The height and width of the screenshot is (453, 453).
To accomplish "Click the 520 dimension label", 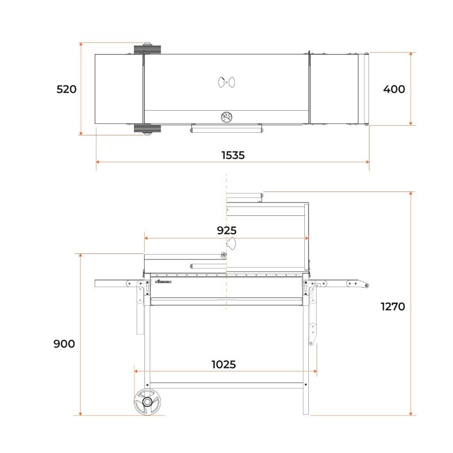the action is click(x=66, y=89).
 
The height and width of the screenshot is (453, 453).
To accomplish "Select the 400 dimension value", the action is click(x=394, y=89).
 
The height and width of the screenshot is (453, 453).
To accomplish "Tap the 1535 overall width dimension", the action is click(x=233, y=155).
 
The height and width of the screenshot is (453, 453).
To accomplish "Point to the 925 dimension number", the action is click(x=227, y=230).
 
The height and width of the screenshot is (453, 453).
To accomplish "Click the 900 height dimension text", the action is click(x=64, y=344).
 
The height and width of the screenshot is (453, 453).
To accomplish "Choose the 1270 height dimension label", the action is click(x=393, y=307).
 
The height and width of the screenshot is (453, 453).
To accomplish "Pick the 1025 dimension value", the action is click(x=223, y=365).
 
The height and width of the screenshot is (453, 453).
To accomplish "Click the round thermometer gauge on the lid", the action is click(x=226, y=117).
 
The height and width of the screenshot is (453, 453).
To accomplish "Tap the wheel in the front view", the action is click(x=148, y=402).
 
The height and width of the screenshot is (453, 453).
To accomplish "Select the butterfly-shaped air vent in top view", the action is click(x=226, y=82).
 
